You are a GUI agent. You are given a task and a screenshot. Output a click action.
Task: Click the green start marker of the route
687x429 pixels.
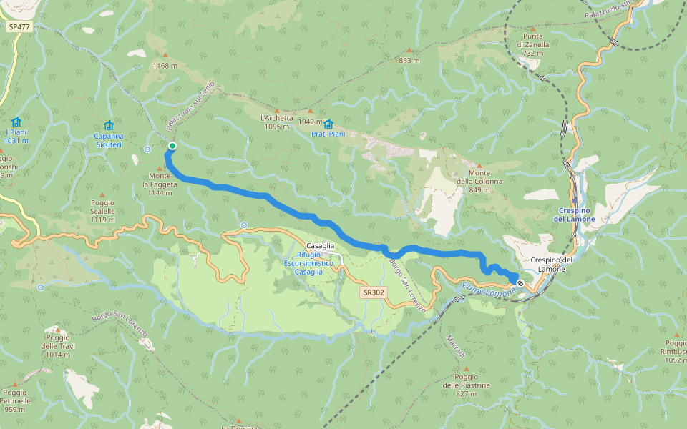click(x=172, y=146)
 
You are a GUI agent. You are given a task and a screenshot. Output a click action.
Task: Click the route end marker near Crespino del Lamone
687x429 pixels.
click(x=520, y=283)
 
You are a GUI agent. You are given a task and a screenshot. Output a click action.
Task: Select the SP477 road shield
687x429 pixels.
click(x=19, y=26)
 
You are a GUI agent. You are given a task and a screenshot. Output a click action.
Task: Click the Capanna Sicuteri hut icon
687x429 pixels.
click(x=109, y=125)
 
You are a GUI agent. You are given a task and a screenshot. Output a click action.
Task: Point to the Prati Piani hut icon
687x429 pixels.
click(x=328, y=124)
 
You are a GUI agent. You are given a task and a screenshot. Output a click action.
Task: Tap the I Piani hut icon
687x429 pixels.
click(x=16, y=122)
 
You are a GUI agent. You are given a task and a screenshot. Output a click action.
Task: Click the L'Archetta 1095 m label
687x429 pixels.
click(x=277, y=122)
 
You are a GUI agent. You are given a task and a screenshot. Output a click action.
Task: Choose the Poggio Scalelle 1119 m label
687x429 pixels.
click(x=102, y=211)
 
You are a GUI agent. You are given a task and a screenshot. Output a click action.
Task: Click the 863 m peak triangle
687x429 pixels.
click(x=409, y=50)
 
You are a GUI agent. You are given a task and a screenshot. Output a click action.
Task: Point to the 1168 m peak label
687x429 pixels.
click(x=165, y=66)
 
